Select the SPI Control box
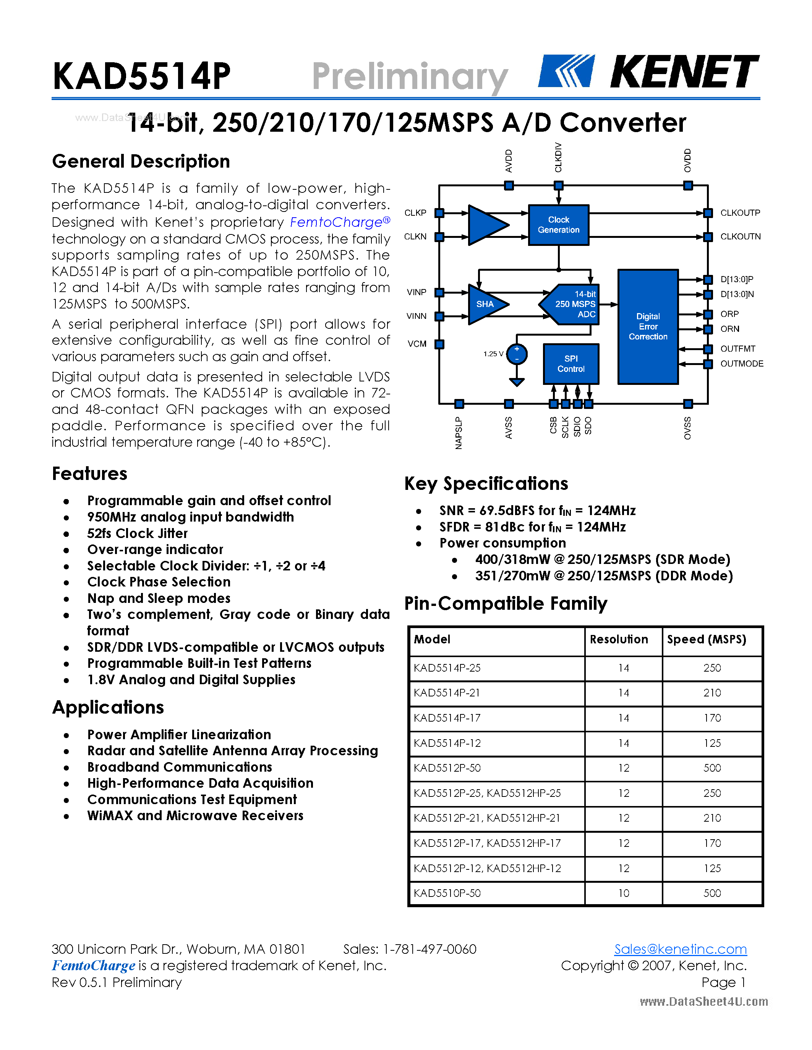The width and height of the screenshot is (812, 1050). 571,364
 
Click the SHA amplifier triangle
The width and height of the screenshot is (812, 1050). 486,304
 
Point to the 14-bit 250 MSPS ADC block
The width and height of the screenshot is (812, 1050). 572,304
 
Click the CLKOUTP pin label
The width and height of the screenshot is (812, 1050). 740,213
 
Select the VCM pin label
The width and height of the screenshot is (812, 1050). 417,344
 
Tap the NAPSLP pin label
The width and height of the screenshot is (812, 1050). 459,433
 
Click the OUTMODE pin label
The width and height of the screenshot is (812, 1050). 741,364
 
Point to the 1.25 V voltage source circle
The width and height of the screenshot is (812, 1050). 517,354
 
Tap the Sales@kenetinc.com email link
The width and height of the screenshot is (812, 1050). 680,949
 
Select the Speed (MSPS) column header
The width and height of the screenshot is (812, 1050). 706,640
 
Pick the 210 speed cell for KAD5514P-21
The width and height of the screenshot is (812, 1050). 712,693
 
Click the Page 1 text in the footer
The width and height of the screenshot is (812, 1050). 723,982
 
